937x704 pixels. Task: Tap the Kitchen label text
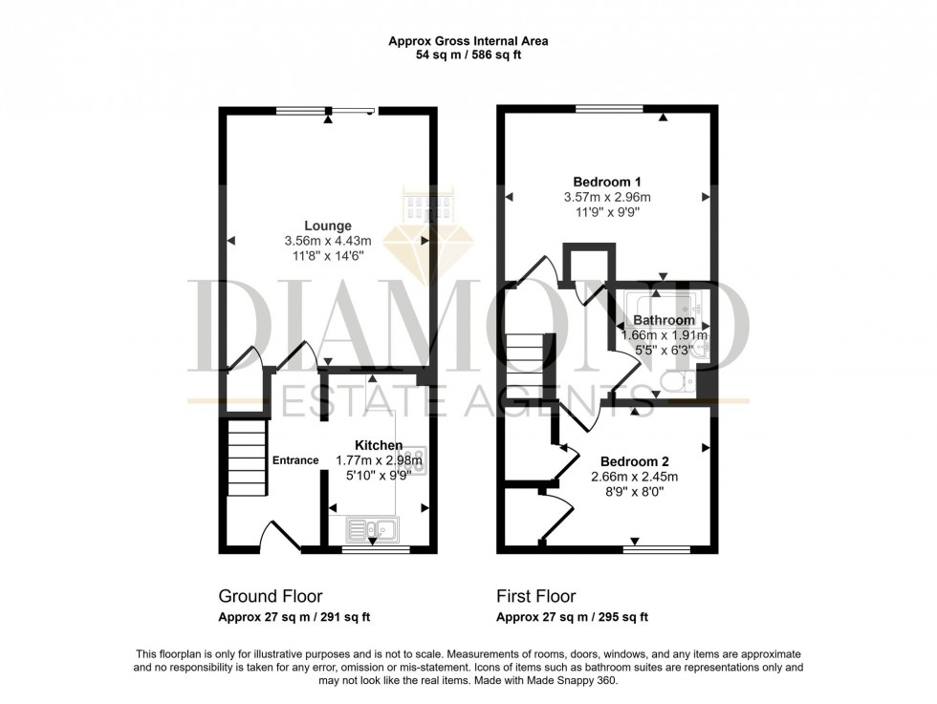click(379, 445)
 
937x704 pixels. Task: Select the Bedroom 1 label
click(607, 181)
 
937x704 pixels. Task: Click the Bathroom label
click(664, 320)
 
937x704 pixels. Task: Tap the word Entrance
click(295, 460)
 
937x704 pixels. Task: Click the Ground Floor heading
click(271, 597)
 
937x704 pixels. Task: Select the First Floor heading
click(536, 597)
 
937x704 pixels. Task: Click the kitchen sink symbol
click(373, 527)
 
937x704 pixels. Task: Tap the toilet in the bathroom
click(682, 384)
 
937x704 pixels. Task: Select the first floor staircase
click(526, 368)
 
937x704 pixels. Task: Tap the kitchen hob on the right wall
click(417, 460)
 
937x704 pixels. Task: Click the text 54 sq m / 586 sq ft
click(468, 55)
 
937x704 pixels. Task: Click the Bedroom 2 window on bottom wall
click(657, 548)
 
